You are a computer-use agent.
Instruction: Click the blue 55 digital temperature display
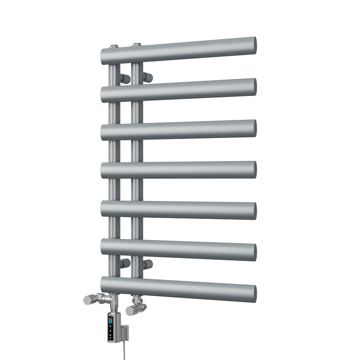tap(110, 320)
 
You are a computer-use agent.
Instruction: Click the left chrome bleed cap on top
tap(114, 46)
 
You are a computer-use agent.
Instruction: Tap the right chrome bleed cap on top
tap(136, 44)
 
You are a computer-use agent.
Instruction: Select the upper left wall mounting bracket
tap(124, 78)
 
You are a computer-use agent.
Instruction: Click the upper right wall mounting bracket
tap(147, 77)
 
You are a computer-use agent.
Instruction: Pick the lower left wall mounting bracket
tap(124, 263)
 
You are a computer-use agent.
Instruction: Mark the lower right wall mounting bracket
tap(147, 263)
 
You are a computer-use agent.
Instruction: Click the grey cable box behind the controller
tap(124, 332)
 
